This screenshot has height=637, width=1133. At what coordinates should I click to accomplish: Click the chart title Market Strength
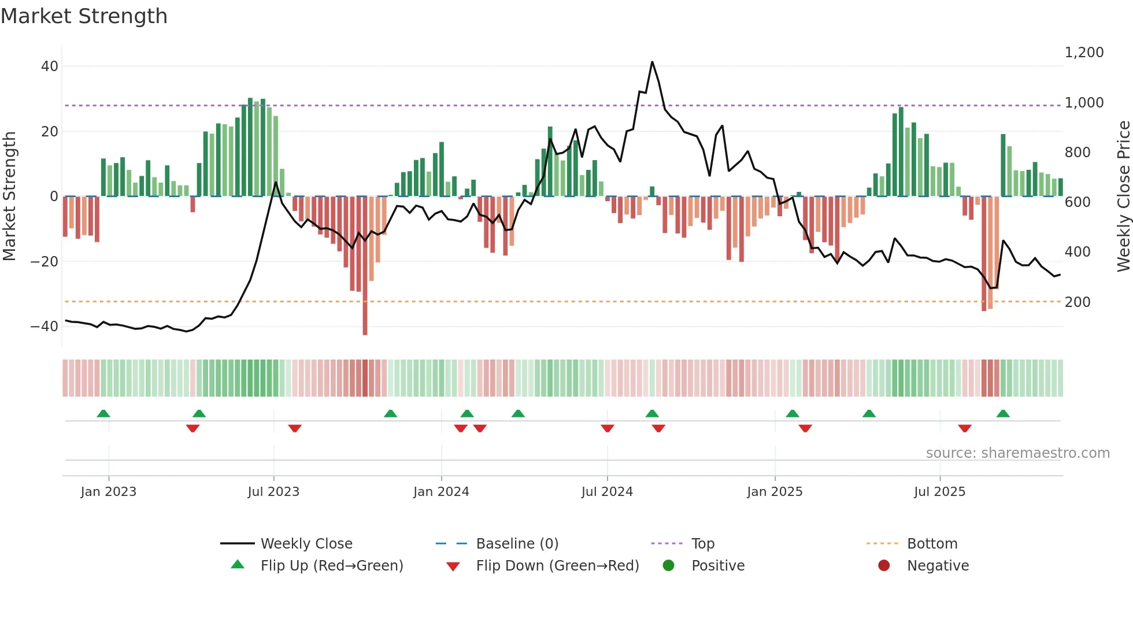(x=84, y=16)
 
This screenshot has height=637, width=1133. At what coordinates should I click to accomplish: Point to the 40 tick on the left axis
(x=50, y=66)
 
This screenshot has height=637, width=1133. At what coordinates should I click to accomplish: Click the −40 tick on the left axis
(x=45, y=327)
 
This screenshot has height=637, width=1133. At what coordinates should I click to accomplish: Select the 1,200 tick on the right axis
(x=1084, y=53)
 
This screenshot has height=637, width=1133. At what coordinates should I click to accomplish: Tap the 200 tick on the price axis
(x=1078, y=302)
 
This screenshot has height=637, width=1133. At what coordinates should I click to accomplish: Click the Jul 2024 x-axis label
(x=607, y=492)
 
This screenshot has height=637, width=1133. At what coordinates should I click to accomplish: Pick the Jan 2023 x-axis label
(x=109, y=492)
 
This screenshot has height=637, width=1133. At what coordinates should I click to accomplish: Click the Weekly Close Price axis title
(x=1123, y=197)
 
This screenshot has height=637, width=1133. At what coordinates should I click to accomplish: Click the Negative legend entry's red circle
(x=884, y=566)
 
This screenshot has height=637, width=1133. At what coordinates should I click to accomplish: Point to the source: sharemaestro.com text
(x=1017, y=453)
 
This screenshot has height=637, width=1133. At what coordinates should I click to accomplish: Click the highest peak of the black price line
(x=652, y=62)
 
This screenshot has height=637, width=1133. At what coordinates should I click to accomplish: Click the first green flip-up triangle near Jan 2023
(x=103, y=414)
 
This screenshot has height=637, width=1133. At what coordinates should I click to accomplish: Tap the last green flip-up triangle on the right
(x=1003, y=414)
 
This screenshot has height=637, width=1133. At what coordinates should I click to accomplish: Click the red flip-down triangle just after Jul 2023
(x=295, y=428)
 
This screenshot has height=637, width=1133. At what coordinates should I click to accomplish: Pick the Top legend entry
(x=702, y=544)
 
